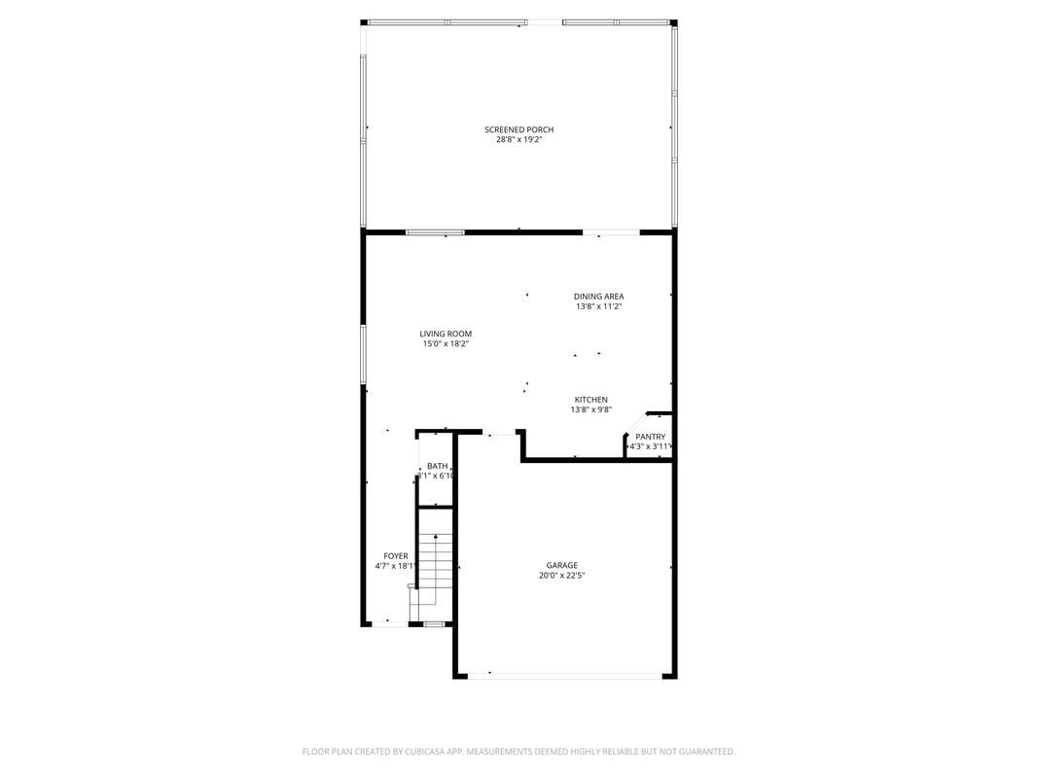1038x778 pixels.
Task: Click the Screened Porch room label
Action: point(519,129)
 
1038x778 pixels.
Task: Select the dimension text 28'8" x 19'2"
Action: point(519,140)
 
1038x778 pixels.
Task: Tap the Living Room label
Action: point(446,334)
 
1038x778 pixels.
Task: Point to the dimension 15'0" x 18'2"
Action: point(446,344)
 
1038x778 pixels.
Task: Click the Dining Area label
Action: point(598,296)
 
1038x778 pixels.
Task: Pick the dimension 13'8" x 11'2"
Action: point(598,306)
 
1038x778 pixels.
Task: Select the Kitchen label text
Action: point(591,400)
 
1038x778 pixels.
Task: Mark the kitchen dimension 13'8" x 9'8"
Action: point(591,410)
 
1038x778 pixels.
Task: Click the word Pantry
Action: point(650,437)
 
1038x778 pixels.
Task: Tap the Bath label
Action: point(437,466)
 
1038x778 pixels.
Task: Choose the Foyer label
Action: point(396,556)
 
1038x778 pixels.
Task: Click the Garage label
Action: point(561,565)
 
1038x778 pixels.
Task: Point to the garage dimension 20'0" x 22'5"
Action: point(561,576)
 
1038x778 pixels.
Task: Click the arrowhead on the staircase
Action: point(436,536)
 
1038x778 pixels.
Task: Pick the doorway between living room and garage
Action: point(502,434)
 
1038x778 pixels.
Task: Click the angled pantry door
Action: point(636,424)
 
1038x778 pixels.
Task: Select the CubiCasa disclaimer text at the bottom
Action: point(519,752)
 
